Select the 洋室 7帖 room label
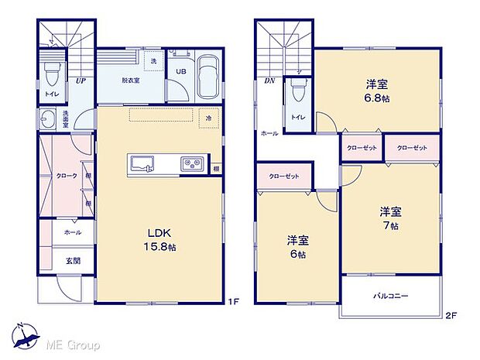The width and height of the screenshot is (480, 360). pos(389,218)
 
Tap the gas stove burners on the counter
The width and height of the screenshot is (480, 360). pos(192,163)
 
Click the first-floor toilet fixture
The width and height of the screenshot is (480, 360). pos(52,74)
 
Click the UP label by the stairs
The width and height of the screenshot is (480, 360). pos(81,78)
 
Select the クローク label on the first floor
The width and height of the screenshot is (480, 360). pos(66,177)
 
